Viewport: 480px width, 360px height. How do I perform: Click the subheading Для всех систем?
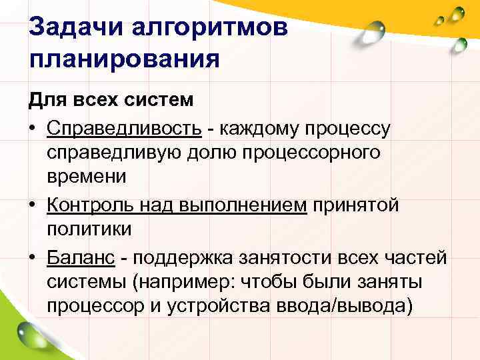(x=111, y=101)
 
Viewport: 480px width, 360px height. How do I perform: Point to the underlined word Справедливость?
(x=113, y=127)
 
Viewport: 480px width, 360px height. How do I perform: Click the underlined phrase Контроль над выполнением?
(x=177, y=205)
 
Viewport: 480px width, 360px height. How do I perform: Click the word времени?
(x=87, y=178)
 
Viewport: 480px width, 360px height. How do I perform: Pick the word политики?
(x=90, y=230)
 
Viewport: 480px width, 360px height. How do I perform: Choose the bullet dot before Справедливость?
(x=32, y=129)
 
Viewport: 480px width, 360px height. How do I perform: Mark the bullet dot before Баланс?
(x=32, y=257)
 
